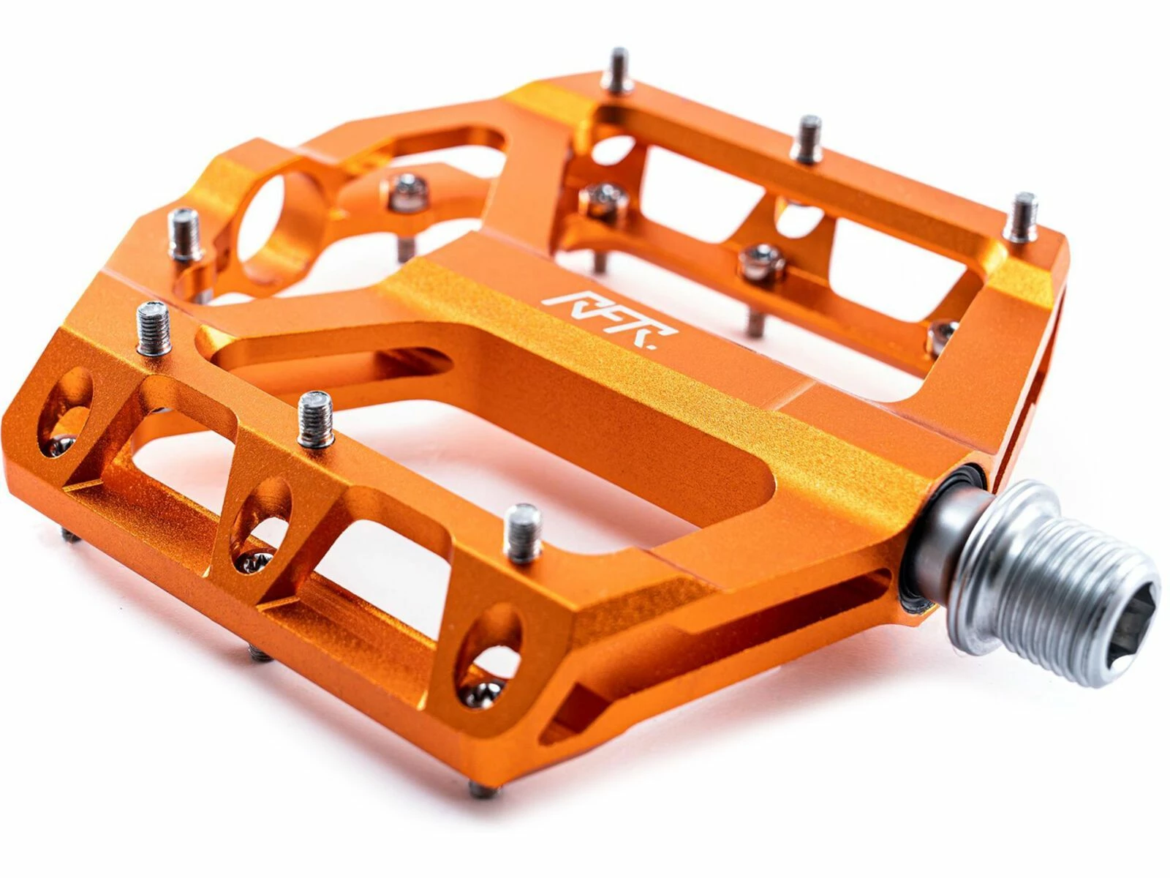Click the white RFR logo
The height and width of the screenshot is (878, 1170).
pyautogui.click(x=609, y=319)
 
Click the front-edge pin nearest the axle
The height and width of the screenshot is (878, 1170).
pyautogui.click(x=522, y=533)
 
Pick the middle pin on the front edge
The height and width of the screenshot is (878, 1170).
pyautogui.click(x=315, y=419)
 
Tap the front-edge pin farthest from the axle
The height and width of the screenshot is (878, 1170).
pyautogui.click(x=154, y=328)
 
